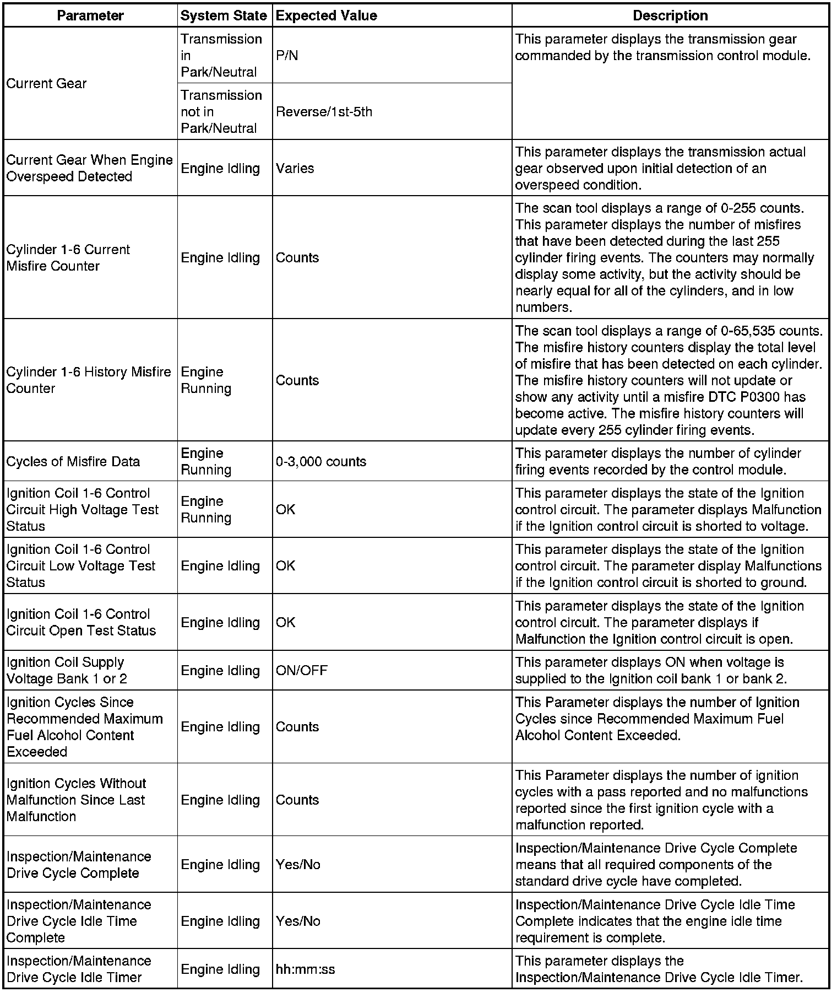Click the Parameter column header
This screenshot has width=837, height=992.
tap(90, 15)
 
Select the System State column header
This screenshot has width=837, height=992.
tap(224, 15)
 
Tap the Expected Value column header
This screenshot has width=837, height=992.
tap(326, 15)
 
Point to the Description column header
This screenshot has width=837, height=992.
tap(670, 15)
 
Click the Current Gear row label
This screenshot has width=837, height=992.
tap(47, 83)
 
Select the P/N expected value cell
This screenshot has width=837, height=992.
tap(287, 56)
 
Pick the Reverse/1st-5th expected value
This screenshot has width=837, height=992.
tap(324, 112)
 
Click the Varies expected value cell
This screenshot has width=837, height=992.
tap(295, 168)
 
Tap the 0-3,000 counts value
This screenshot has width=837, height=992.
tap(320, 461)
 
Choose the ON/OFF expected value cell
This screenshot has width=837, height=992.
tap(301, 670)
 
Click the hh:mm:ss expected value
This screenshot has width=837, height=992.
tap(305, 969)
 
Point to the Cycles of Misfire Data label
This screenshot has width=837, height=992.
tap(73, 461)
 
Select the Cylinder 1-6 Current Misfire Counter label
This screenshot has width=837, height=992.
tap(68, 257)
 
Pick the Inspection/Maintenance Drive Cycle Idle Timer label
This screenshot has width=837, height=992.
tap(79, 969)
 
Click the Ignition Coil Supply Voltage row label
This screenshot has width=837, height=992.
tap(67, 670)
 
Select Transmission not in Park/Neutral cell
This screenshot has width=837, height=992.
tap(221, 112)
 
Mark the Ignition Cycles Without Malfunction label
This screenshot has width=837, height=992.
tap(76, 800)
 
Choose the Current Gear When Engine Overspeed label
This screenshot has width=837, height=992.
tap(89, 168)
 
